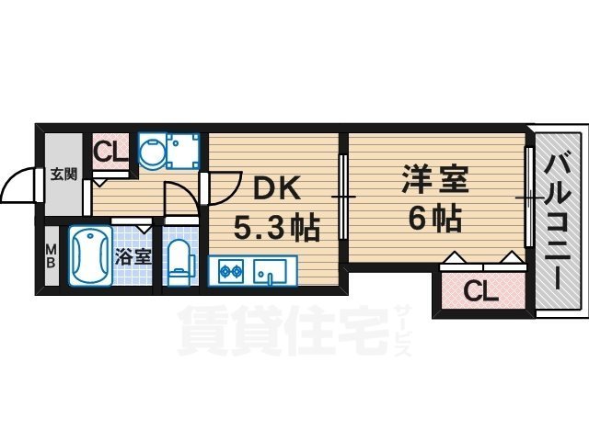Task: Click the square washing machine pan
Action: tap(180, 151)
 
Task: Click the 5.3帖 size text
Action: tap(275, 227)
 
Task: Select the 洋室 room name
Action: tap(435, 178)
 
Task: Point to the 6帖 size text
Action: tap(435, 220)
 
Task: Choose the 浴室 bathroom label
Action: tap(135, 256)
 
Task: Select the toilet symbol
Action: tap(180, 261)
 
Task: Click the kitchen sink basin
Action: tap(270, 271)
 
